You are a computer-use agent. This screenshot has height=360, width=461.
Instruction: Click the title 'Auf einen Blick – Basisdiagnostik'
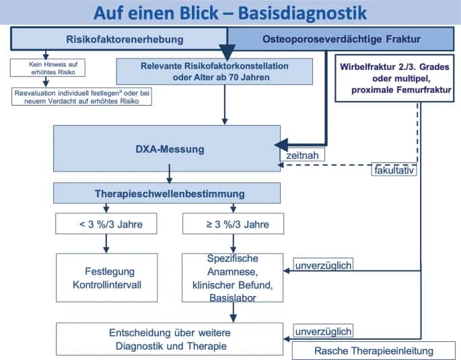point(230,13)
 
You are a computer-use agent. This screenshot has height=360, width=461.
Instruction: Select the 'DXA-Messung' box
point(168,148)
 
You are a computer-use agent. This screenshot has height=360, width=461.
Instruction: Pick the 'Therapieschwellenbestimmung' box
point(168,193)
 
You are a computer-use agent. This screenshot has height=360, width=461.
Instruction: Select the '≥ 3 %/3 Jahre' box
point(233,223)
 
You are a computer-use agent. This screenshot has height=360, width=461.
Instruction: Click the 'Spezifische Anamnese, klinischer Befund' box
point(233,277)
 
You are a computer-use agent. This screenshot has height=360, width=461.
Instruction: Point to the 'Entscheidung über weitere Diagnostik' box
point(170,339)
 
